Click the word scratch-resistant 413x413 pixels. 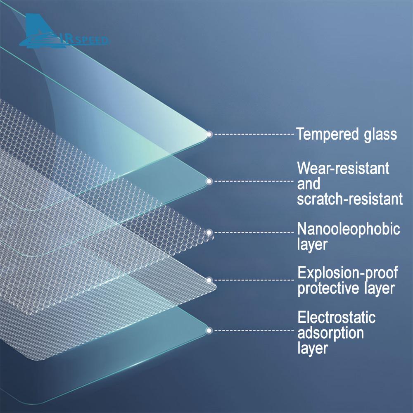pyautogui.click(x=350, y=199)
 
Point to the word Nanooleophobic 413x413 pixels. pyautogui.click(x=349, y=229)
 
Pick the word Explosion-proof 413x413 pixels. pyautogui.click(x=348, y=273)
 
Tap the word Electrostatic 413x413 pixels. pyautogui.click(x=336, y=317)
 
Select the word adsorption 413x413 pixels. pyautogui.click(x=330, y=332)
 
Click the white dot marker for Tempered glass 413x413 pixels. pyautogui.click(x=209, y=135)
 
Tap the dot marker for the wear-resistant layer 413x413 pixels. pyautogui.click(x=209, y=181)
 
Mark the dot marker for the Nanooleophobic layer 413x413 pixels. pyautogui.click(x=209, y=233)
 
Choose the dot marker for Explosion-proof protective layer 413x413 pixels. pyautogui.click(x=209, y=280)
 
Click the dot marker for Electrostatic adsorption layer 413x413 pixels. pyautogui.click(x=209, y=330)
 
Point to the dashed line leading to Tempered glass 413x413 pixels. pyautogui.click(x=254, y=134)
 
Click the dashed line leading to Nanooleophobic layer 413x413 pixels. pyautogui.click(x=254, y=233)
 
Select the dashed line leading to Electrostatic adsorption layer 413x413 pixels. pyautogui.click(x=254, y=330)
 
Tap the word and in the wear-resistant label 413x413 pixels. pyautogui.click(x=309, y=183)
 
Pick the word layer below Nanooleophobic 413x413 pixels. pyautogui.click(x=312, y=244)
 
